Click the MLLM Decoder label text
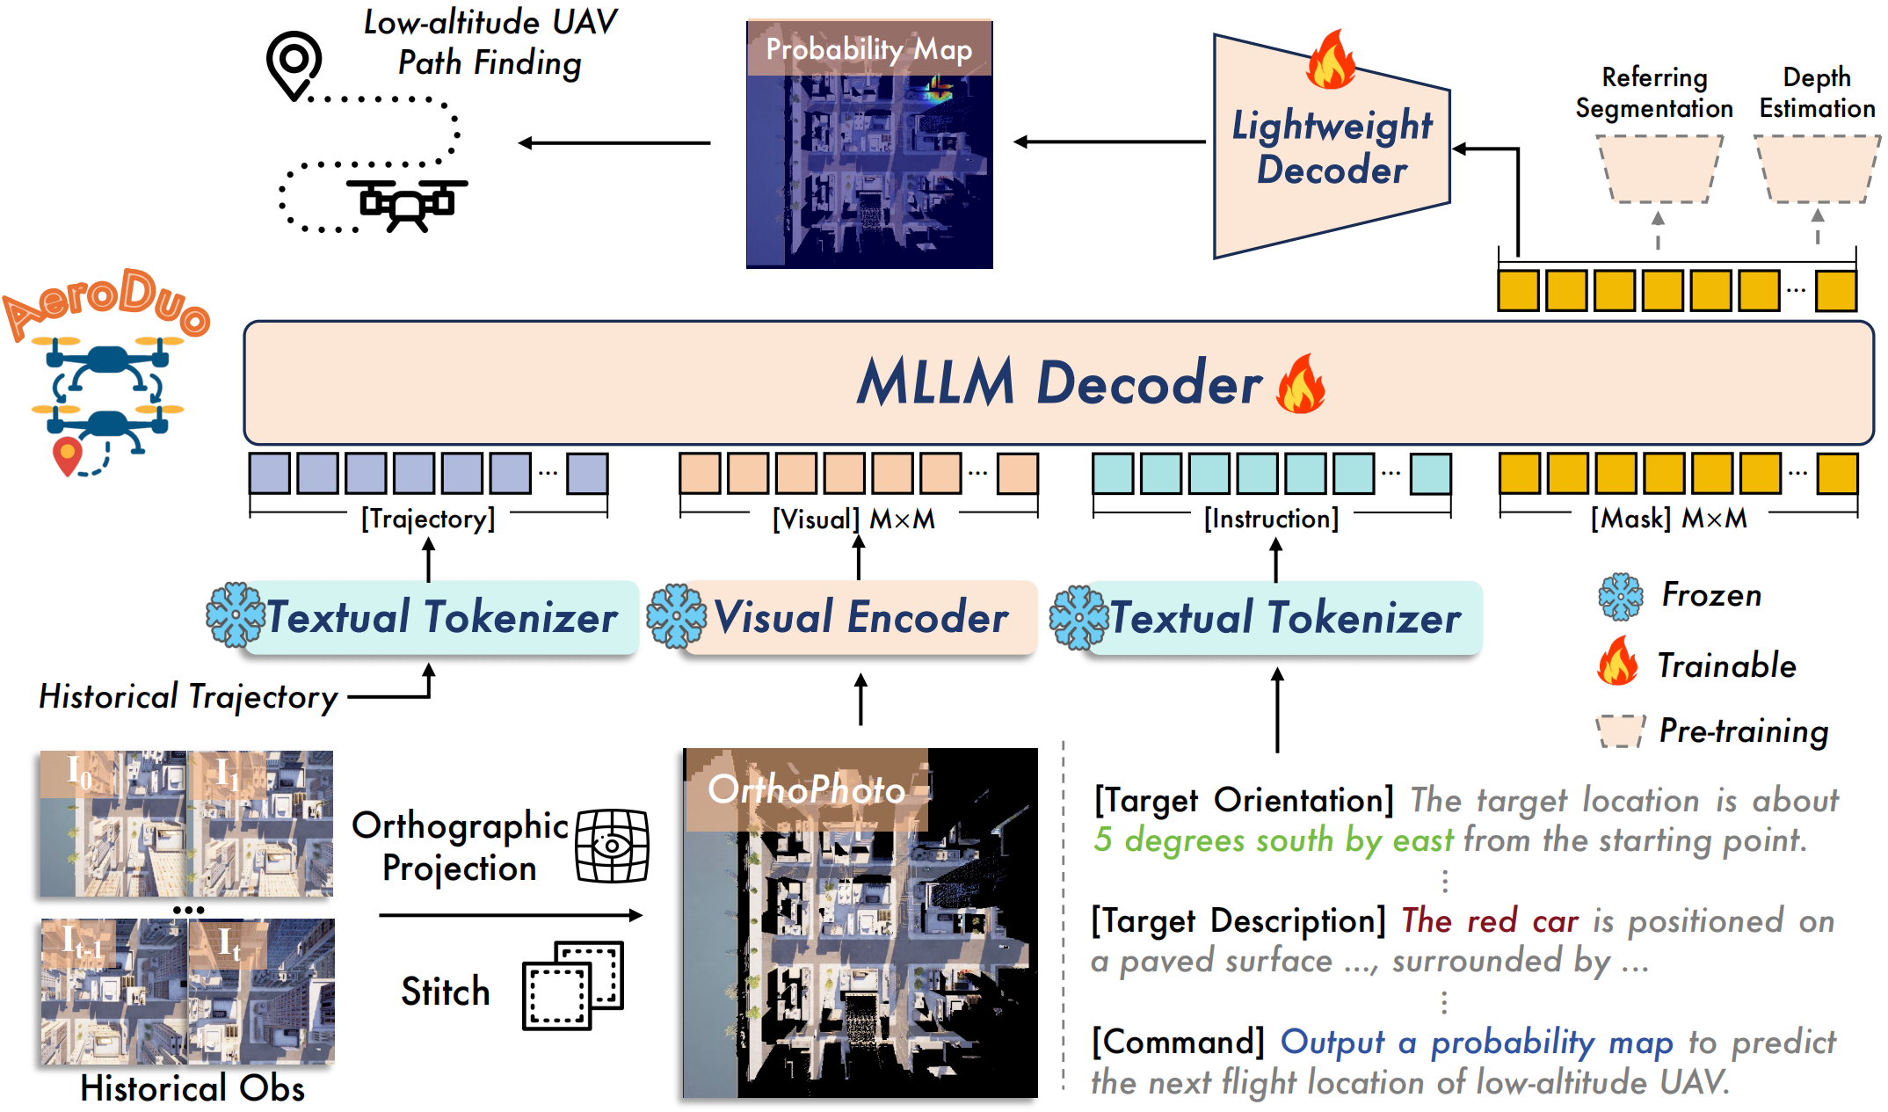click(1059, 383)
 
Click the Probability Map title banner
click(868, 49)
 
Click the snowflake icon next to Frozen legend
click(1620, 597)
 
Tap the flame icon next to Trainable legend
click(1617, 663)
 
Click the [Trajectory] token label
click(428, 519)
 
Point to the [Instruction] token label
click(1271, 519)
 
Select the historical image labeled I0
click(113, 824)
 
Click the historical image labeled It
click(262, 991)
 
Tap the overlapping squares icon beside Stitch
click(572, 985)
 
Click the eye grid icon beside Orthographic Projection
click(612, 846)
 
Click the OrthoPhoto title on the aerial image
click(806, 789)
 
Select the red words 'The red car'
click(1489, 920)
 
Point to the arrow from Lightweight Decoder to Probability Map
click(1109, 142)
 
